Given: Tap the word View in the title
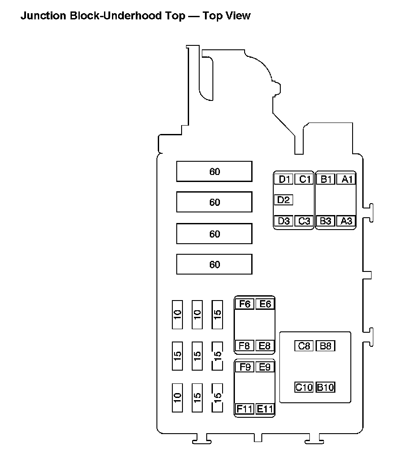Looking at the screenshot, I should click(236, 16).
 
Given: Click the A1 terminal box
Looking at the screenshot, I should click(347, 179).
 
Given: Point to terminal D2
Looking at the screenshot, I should click(283, 200).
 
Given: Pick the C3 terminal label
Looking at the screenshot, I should click(304, 221).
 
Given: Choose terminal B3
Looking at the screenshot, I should click(326, 221).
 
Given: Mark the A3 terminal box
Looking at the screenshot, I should click(347, 221).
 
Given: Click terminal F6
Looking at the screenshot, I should click(245, 304).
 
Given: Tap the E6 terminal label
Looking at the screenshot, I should click(265, 304).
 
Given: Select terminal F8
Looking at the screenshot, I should click(245, 346).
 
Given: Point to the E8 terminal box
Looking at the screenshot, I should click(265, 346).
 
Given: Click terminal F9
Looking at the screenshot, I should click(245, 367).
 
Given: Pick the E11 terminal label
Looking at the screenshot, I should click(265, 409).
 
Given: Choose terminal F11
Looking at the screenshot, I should click(245, 409).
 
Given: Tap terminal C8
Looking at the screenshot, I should click(304, 346).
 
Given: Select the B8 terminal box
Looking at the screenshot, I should click(326, 346).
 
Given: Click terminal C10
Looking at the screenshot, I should click(304, 388).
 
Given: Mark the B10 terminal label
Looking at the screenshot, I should click(326, 388).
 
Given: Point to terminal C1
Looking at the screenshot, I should click(304, 179).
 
